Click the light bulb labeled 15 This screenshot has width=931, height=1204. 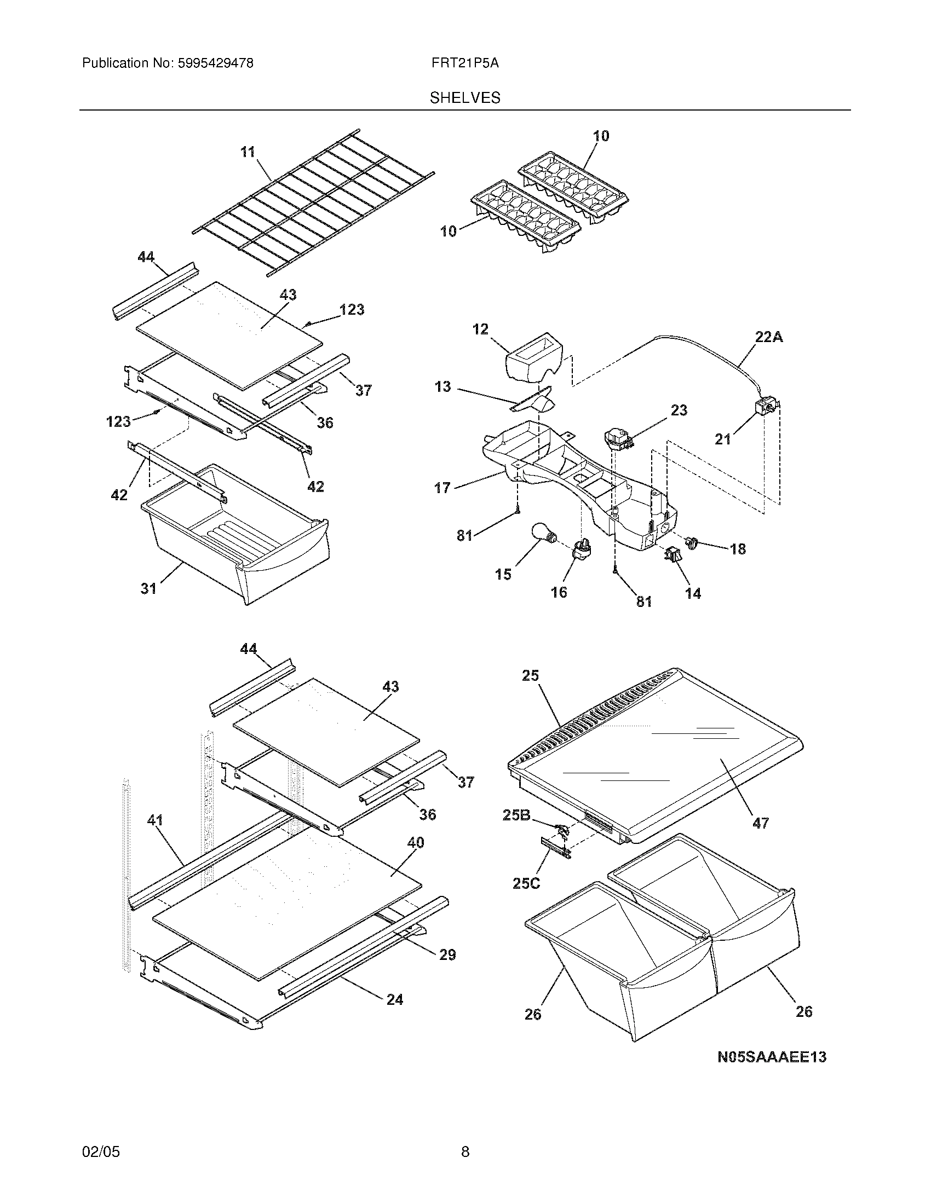pos(543,534)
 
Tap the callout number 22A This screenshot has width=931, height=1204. pos(768,337)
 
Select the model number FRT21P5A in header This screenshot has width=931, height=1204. pos(465,63)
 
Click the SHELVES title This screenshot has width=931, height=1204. pos(465,98)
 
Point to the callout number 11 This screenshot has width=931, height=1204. pos(248,152)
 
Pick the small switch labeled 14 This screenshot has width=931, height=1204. pos(672,554)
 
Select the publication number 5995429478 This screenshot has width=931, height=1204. pos(215,63)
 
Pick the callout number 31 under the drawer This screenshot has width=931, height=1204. pos(148,589)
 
